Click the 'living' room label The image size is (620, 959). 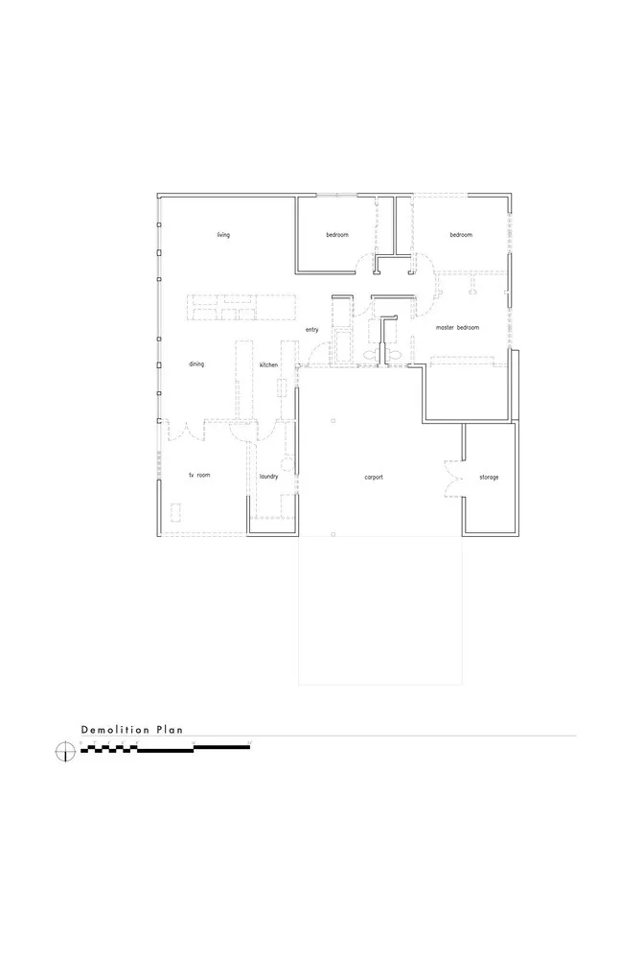(x=223, y=235)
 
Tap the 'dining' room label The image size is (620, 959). (x=196, y=364)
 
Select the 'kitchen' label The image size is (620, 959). (x=268, y=364)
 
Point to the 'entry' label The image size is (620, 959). (x=311, y=330)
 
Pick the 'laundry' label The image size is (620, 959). (x=268, y=477)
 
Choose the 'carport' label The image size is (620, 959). (x=374, y=477)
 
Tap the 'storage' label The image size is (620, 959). (x=489, y=477)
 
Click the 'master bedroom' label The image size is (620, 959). (x=457, y=328)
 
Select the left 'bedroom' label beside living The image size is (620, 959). (x=337, y=235)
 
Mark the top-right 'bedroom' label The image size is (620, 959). (x=462, y=235)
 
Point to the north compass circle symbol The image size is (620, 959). (x=64, y=751)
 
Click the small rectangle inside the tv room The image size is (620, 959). (x=175, y=509)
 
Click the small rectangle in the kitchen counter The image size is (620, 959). (x=283, y=387)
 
